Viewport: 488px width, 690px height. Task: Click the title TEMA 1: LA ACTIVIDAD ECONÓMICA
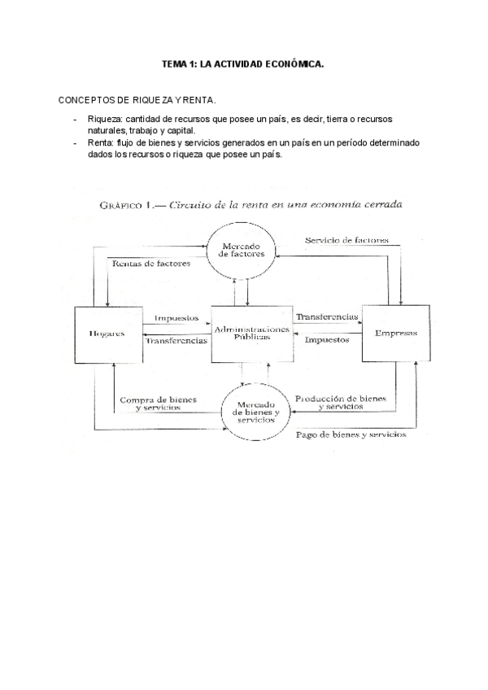pyautogui.click(x=243, y=63)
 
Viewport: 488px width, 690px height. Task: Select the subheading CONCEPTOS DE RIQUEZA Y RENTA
pyautogui.click(x=137, y=100)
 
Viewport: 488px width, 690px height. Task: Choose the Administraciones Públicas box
pyautogui.click(x=251, y=334)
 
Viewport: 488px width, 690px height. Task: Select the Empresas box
pyautogui.click(x=396, y=333)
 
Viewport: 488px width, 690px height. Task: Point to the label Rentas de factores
pyautogui.click(x=152, y=264)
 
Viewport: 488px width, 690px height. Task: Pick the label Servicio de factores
pyautogui.click(x=346, y=241)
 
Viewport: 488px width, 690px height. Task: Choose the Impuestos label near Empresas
pyautogui.click(x=327, y=340)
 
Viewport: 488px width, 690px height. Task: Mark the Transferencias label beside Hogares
pyautogui.click(x=176, y=341)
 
